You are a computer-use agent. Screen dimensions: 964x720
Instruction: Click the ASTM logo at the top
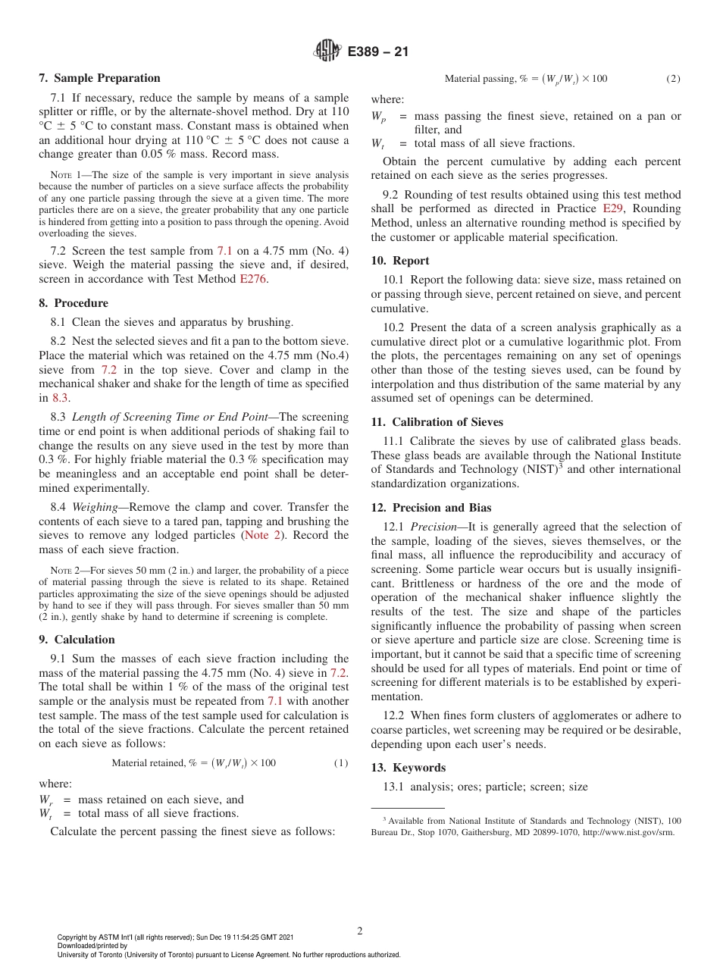[328, 52]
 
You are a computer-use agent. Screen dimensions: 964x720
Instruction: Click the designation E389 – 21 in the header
[378, 52]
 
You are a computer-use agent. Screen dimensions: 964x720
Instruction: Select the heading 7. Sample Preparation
[99, 78]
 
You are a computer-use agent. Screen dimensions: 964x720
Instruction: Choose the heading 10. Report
[400, 261]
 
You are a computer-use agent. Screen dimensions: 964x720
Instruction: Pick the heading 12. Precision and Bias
[430, 508]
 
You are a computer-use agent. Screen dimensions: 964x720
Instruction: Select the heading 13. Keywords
[408, 768]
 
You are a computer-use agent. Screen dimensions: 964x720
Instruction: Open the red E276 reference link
[254, 279]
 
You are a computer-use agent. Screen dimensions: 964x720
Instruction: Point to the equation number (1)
[341, 763]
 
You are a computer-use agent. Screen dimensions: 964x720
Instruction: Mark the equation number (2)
[673, 79]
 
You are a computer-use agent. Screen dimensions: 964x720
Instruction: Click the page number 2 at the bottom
[360, 931]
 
